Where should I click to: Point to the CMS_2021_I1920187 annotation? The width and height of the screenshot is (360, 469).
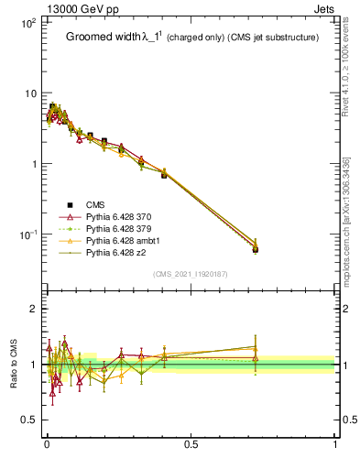191,274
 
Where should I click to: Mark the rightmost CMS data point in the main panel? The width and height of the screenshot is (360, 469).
255,249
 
